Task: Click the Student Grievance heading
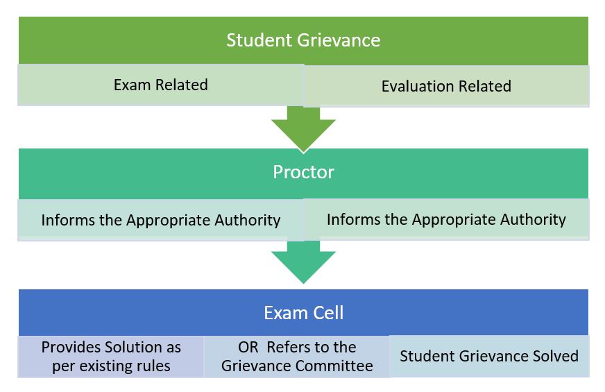point(303,40)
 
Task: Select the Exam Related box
point(160,85)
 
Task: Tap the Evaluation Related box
point(446,87)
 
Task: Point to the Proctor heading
point(303,172)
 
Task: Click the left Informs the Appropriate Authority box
point(160,220)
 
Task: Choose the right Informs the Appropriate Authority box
point(446,220)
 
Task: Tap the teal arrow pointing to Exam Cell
point(303,261)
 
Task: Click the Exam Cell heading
point(303,312)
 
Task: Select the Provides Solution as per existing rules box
point(111,357)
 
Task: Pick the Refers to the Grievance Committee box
point(297,357)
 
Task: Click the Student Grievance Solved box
point(489,357)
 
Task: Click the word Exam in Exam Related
point(130,85)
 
